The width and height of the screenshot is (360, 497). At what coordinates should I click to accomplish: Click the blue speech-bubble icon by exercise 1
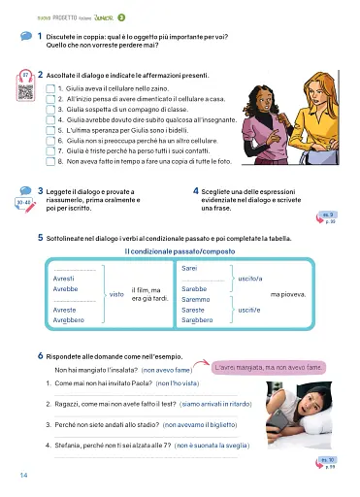click(24, 36)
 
